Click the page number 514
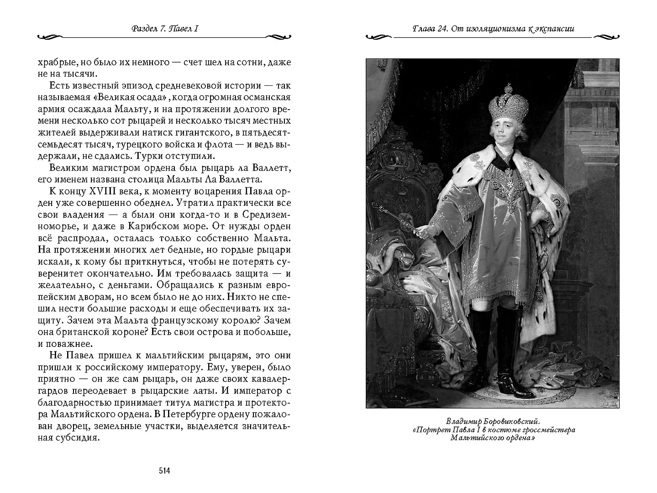(x=164, y=471)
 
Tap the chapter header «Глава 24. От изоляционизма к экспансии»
(x=493, y=29)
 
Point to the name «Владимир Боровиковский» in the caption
(x=493, y=421)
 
